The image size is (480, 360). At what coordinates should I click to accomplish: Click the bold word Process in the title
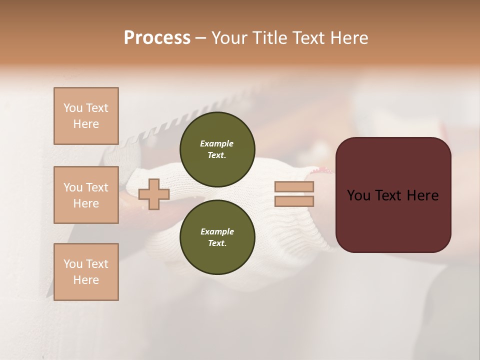tap(157, 38)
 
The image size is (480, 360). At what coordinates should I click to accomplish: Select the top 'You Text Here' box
tap(86, 116)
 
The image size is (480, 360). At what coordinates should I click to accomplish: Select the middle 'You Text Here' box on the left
tap(86, 195)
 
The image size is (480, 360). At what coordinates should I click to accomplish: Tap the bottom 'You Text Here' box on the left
tap(86, 272)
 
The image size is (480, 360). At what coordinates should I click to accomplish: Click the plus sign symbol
tap(154, 194)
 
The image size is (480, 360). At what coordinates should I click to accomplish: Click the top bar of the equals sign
tap(294, 187)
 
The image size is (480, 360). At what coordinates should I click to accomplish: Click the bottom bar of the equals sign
tap(294, 201)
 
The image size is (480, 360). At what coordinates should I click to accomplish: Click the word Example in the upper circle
tap(217, 143)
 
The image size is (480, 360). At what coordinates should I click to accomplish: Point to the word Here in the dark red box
tap(422, 195)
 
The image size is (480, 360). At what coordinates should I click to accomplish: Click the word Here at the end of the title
tap(348, 38)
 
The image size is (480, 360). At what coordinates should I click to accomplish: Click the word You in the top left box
tap(72, 108)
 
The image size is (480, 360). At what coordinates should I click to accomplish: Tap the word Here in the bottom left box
tap(86, 280)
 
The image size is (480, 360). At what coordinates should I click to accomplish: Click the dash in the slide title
tap(200, 38)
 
